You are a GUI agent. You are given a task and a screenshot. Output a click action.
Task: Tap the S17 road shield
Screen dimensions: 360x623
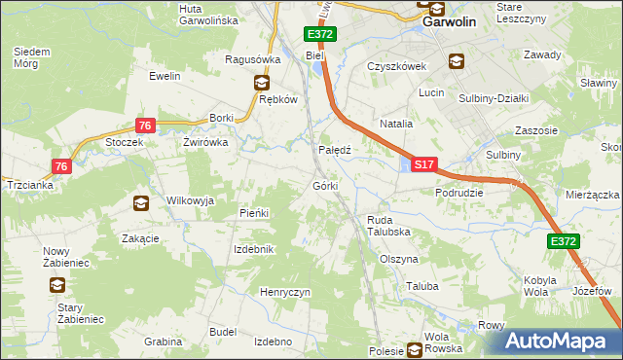[422, 166]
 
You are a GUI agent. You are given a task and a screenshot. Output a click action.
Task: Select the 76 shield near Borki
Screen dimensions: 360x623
[144, 126]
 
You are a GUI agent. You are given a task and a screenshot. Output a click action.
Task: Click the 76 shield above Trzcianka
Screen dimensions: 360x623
[61, 166]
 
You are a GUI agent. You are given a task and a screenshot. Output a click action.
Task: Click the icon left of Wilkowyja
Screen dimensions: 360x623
[141, 202]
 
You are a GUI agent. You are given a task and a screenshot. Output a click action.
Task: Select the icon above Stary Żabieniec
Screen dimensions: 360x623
[56, 285]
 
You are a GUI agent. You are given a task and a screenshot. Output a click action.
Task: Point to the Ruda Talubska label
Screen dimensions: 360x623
[386, 226]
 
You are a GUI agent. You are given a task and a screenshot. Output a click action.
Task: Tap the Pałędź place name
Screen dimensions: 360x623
[335, 150]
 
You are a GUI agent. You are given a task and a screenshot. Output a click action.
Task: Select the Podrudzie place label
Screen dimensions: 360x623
[459, 193]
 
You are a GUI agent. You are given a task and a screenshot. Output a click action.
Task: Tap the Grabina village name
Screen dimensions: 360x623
[163, 342]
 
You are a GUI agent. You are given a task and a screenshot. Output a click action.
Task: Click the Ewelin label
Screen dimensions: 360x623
[165, 75]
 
